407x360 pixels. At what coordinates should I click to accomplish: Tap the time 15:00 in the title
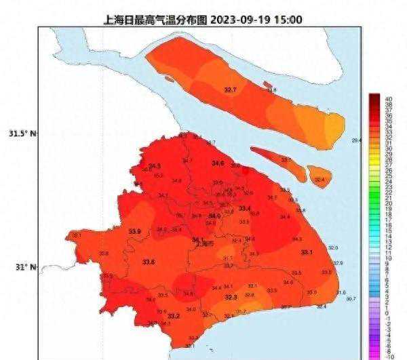[x=288, y=20]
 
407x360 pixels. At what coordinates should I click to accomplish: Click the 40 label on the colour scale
[x=388, y=99]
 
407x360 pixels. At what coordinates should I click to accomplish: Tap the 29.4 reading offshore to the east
[x=356, y=140]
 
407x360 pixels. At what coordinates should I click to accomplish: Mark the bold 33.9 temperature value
[x=134, y=232]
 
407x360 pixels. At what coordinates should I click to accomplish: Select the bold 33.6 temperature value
[x=149, y=262]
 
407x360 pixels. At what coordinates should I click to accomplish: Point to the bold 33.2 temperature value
[x=174, y=316]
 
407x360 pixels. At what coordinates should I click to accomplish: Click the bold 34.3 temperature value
[x=155, y=165]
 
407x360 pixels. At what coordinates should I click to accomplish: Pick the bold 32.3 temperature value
[x=231, y=298]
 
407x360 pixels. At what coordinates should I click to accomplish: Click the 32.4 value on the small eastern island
[x=319, y=180]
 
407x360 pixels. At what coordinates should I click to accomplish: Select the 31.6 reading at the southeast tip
[x=341, y=292]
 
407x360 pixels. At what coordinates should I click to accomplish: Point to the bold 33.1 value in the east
[x=307, y=252]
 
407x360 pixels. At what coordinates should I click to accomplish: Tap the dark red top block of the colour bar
[x=373, y=99]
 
